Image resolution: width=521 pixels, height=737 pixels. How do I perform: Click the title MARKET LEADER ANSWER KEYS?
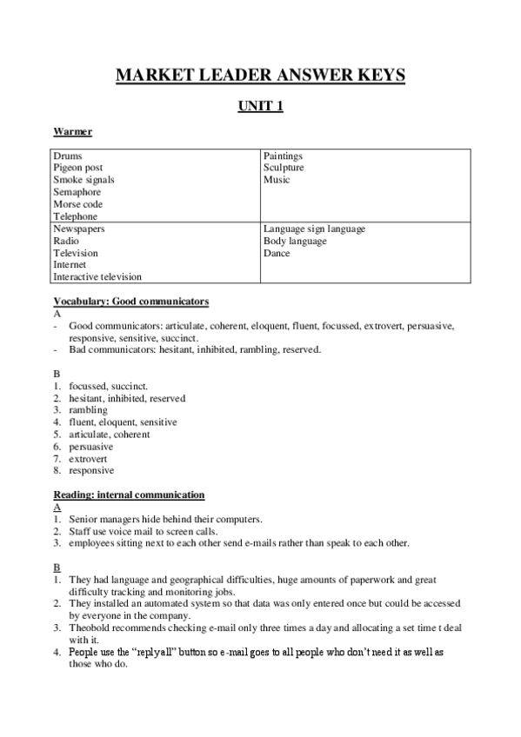(261, 76)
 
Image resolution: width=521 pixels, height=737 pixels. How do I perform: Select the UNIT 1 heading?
(261, 107)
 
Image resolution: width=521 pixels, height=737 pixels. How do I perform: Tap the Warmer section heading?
(72, 131)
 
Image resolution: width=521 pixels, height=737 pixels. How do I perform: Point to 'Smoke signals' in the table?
(83, 180)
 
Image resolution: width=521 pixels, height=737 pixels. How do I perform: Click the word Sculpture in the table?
(284, 168)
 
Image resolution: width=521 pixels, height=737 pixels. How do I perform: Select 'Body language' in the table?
(295, 241)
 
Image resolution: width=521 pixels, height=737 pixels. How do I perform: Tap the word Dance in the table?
(277, 253)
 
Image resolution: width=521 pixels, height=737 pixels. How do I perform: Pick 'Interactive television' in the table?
(97, 277)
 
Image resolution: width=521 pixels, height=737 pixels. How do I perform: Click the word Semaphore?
(77, 192)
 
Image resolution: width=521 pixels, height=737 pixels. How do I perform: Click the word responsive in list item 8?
(91, 470)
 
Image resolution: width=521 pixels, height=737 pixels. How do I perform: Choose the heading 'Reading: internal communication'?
(129, 495)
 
